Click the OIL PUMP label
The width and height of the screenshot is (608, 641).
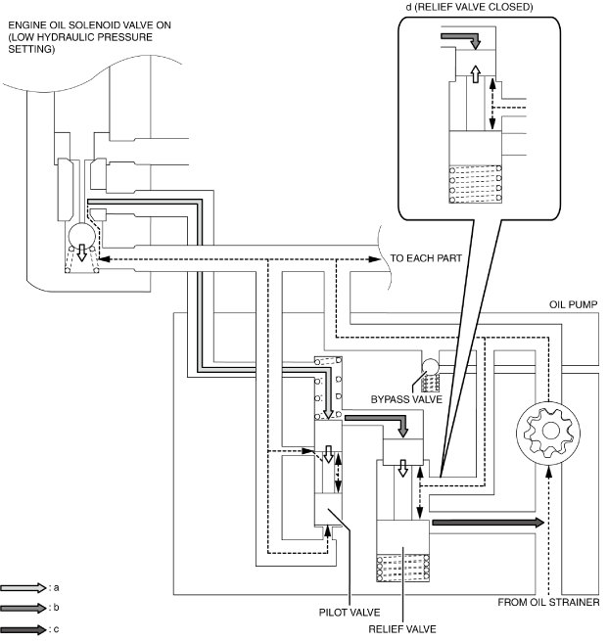pyautogui.click(x=573, y=304)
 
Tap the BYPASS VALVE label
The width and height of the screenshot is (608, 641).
pyautogui.click(x=406, y=399)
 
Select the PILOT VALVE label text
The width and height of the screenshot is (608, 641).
pyautogui.click(x=350, y=612)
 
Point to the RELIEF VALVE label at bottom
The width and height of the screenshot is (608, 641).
pyautogui.click(x=402, y=628)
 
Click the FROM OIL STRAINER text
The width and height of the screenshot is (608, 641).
pyautogui.click(x=548, y=602)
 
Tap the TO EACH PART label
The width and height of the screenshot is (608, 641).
pyautogui.click(x=426, y=258)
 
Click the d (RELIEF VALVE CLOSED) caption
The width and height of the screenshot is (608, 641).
pyautogui.click(x=469, y=7)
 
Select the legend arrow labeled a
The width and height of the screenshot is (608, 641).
pyautogui.click(x=23, y=588)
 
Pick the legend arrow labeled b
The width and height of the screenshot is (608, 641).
pyautogui.click(x=23, y=608)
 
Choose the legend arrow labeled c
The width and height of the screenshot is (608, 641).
pyautogui.click(x=23, y=629)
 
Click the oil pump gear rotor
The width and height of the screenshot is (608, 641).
pyautogui.click(x=548, y=433)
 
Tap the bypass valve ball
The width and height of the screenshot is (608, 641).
pyautogui.click(x=430, y=366)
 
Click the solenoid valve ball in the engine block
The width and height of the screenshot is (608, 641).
pyautogui.click(x=82, y=236)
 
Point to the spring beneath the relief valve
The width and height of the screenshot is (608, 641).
pyautogui.click(x=402, y=568)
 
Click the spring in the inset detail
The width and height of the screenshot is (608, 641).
pyautogui.click(x=476, y=184)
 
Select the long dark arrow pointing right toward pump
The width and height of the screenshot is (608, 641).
pyautogui.click(x=489, y=523)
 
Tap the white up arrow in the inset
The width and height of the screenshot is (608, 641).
pyautogui.click(x=475, y=74)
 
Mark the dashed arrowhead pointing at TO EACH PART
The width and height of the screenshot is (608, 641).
pyautogui.click(x=374, y=259)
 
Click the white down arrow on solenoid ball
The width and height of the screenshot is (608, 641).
pyautogui.click(x=82, y=252)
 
